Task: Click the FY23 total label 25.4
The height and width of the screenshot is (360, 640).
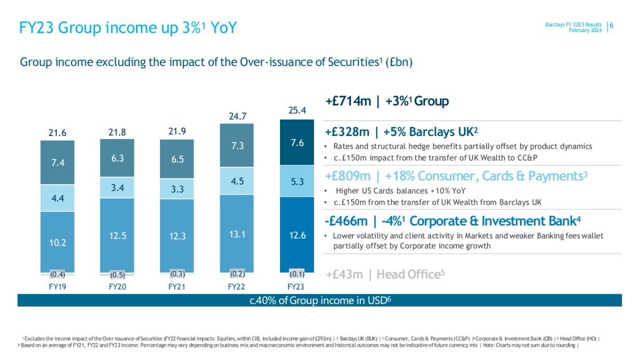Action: (297, 111)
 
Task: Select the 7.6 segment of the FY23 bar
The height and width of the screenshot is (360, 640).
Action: (297, 143)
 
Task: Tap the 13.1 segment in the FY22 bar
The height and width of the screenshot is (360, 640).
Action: (237, 233)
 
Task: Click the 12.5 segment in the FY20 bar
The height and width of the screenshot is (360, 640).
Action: (117, 235)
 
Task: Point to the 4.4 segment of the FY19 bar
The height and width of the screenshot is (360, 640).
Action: (57, 198)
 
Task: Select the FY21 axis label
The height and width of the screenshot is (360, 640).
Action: (177, 287)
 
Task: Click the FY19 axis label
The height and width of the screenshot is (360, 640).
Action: (57, 287)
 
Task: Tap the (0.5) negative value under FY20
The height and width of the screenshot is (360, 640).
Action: (117, 276)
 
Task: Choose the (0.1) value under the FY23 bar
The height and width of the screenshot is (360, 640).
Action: (297, 274)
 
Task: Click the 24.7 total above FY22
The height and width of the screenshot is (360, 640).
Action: (237, 116)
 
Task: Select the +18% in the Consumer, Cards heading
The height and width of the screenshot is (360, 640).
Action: (397, 176)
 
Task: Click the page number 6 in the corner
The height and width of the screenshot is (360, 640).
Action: (612, 26)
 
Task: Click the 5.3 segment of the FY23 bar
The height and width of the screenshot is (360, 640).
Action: (297, 182)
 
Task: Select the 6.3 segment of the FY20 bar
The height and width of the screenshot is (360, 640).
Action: (117, 158)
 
